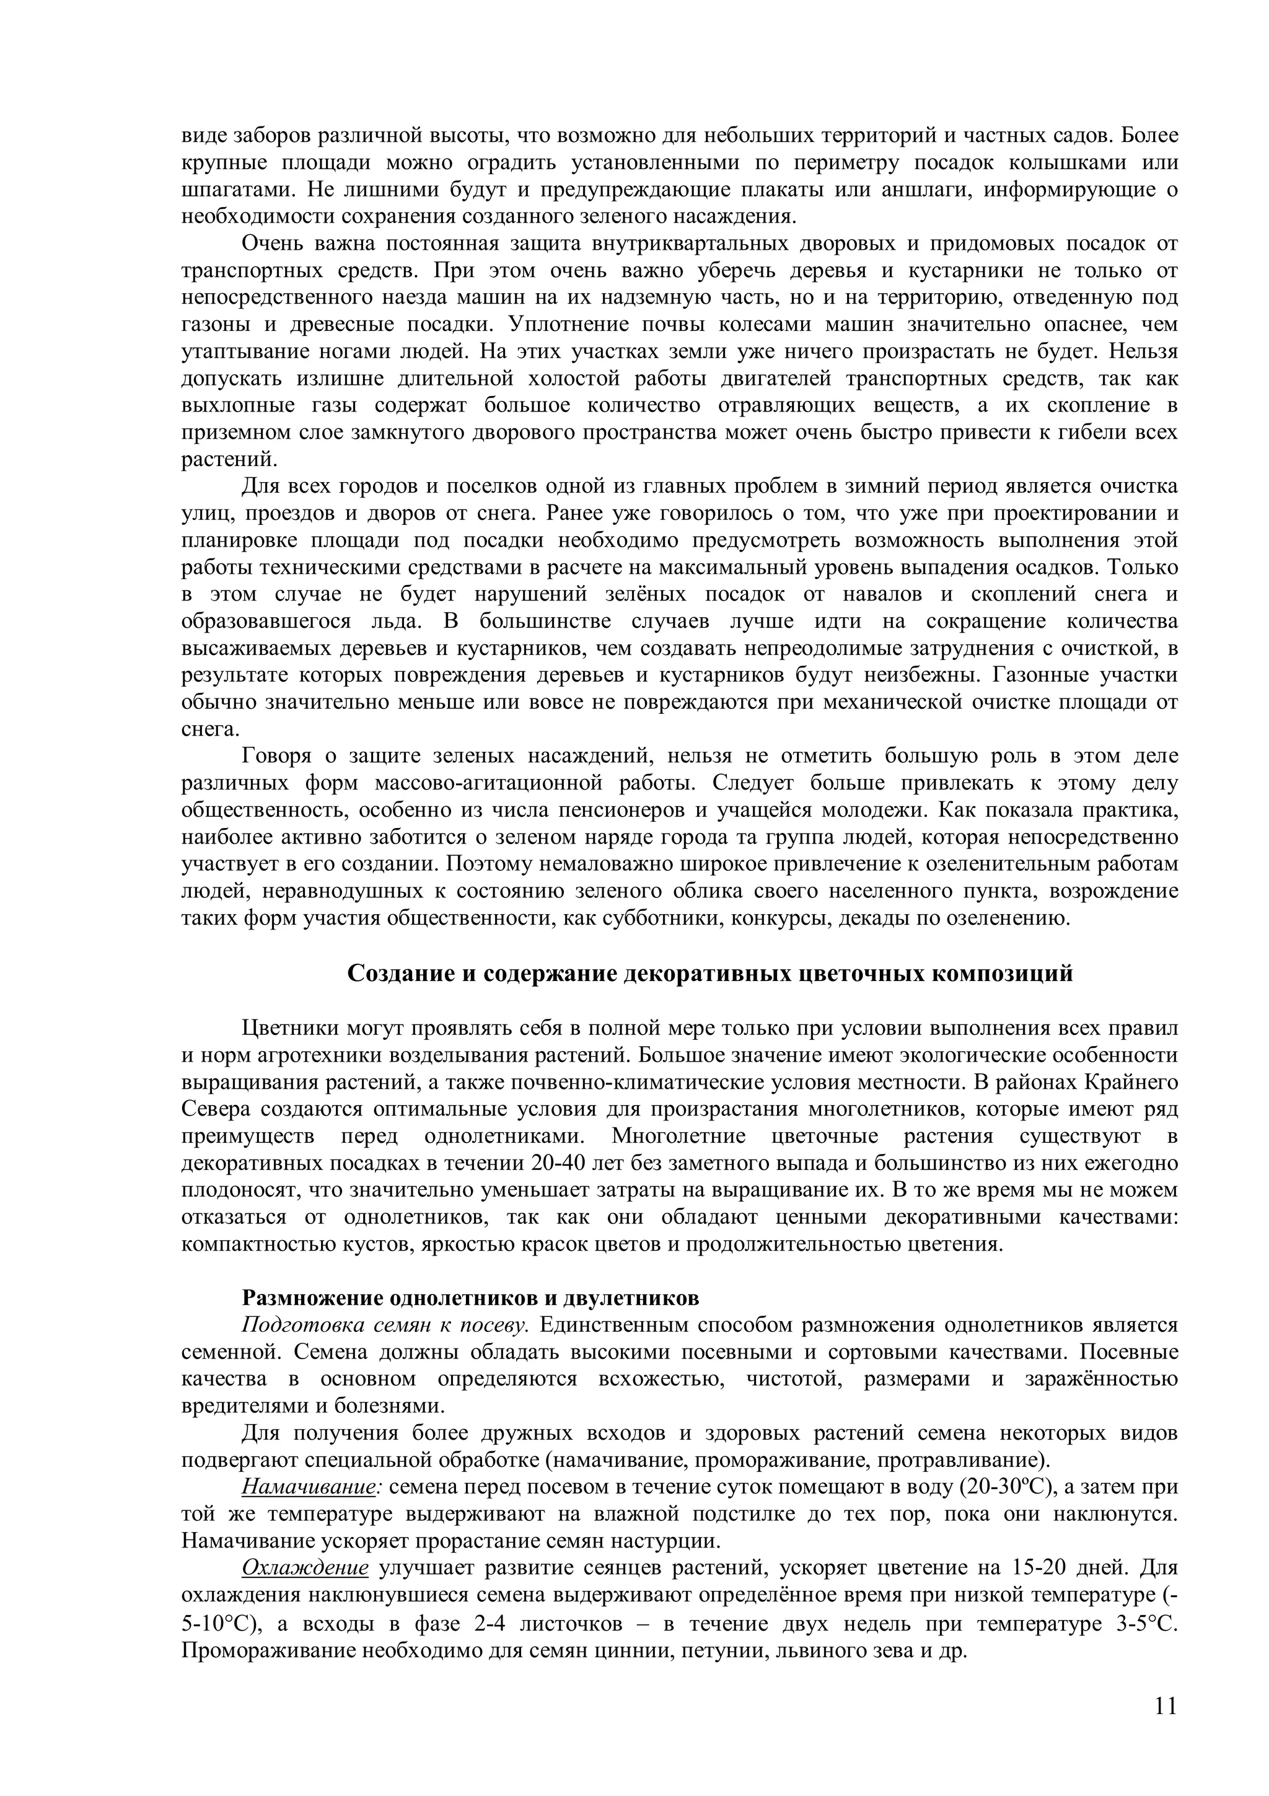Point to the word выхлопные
point(238,405)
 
